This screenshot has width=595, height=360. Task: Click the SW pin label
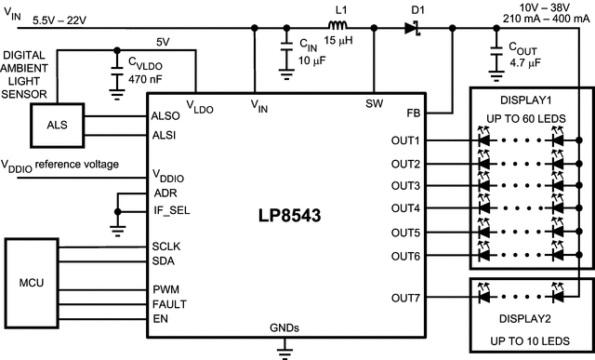point(376,103)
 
